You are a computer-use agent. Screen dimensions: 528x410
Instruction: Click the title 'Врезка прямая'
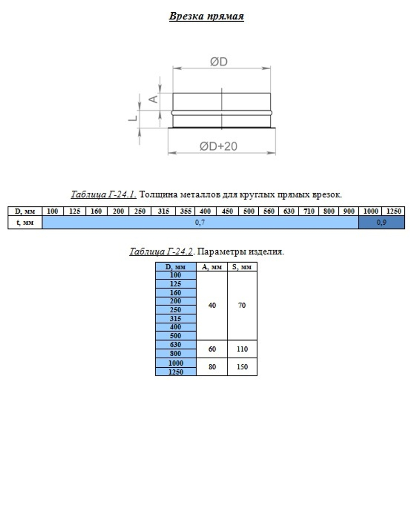tap(206, 16)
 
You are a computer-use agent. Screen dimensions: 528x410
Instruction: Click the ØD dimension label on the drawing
tap(219, 62)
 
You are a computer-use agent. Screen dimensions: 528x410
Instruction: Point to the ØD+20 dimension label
tap(218, 146)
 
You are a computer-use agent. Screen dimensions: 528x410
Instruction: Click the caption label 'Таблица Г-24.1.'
tap(103, 194)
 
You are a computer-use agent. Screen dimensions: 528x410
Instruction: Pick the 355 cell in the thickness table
tap(185, 211)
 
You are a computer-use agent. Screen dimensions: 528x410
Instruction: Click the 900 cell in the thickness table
tap(349, 211)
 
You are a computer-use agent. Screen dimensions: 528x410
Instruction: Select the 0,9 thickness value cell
tap(381, 223)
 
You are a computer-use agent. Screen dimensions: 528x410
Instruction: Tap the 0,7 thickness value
tap(200, 223)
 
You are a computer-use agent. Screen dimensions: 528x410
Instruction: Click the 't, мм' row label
tap(25, 223)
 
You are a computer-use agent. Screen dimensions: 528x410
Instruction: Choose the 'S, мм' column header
tap(242, 267)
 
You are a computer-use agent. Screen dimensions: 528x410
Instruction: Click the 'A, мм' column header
tap(212, 267)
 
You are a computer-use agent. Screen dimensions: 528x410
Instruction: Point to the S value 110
tap(242, 349)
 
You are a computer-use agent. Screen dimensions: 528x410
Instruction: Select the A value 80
tap(212, 367)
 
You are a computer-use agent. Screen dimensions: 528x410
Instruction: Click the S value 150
tap(242, 367)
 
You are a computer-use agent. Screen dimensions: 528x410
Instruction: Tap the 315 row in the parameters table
tap(175, 319)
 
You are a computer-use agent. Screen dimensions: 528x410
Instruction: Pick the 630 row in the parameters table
tap(175, 345)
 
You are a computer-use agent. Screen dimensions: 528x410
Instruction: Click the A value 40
tap(212, 305)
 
